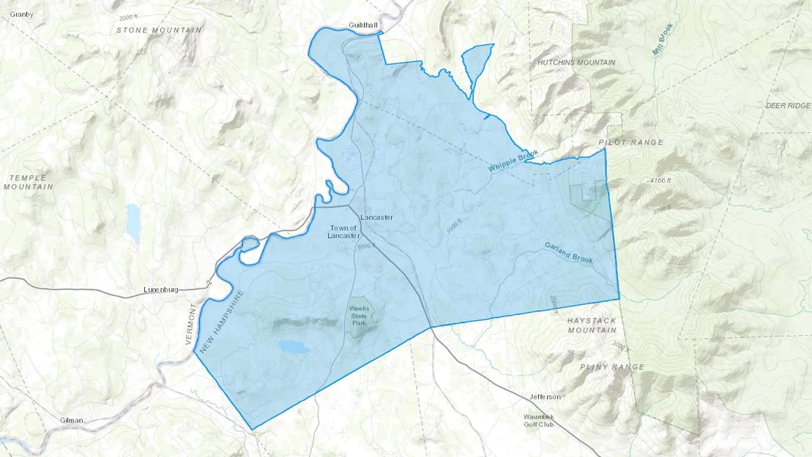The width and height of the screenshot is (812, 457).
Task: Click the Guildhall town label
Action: click(363, 25)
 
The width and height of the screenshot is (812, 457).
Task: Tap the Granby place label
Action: click(22, 14)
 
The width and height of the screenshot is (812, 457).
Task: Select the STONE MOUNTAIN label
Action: click(159, 30)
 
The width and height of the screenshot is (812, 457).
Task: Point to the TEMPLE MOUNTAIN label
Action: click(28, 182)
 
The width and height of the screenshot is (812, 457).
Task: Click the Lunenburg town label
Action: click(161, 290)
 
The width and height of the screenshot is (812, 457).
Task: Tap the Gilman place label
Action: click(71, 420)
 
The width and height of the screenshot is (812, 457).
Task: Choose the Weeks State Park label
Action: click(359, 316)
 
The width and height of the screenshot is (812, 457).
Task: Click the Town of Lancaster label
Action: click(343, 232)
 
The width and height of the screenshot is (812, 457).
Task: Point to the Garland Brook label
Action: click(568, 253)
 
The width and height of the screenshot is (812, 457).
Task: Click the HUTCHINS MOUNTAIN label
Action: click(576, 62)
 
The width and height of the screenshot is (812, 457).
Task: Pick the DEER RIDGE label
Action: click(788, 106)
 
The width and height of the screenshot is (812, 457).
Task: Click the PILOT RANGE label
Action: click(631, 143)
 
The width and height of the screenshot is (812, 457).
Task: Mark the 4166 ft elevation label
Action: click(660, 180)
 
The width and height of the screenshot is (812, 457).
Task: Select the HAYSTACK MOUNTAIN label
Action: click(591, 325)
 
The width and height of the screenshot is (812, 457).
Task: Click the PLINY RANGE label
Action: click(612, 367)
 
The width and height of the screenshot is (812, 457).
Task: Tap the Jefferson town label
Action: click(545, 397)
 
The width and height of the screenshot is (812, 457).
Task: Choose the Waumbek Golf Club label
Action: click(539, 420)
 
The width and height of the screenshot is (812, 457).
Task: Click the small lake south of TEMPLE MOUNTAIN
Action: click(133, 221)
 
